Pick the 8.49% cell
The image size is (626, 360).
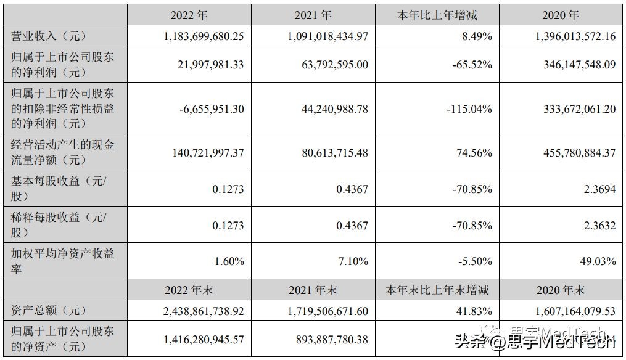[477, 36]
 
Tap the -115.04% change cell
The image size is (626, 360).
[469, 109]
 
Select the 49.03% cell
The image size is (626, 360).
[597, 261]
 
